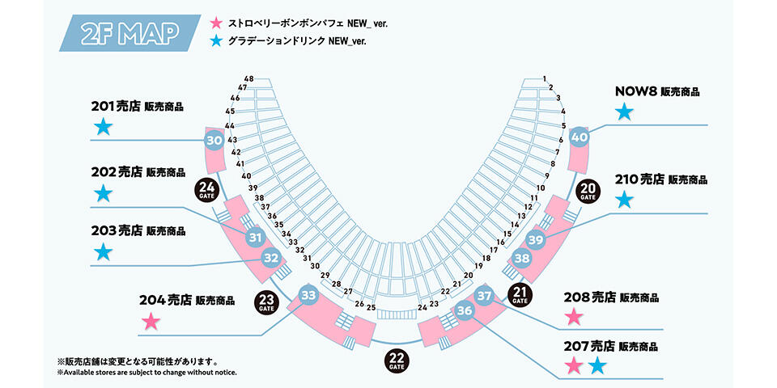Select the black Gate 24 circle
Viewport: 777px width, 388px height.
click(x=206, y=191)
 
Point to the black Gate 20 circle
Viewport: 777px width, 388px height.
click(x=588, y=191)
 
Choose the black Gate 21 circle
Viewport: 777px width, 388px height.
click(x=520, y=294)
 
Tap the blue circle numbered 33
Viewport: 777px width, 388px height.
click(x=308, y=296)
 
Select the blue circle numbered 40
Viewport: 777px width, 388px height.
click(x=579, y=137)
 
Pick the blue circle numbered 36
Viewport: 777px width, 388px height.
click(x=464, y=310)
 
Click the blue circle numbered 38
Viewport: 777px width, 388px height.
click(x=522, y=259)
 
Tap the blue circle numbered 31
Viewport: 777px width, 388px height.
click(x=255, y=238)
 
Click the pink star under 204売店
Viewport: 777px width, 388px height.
click(x=150, y=322)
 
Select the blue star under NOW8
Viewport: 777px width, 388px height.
click(x=623, y=112)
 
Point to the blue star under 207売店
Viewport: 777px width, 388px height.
click(x=597, y=366)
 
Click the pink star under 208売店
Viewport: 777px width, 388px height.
click(x=574, y=317)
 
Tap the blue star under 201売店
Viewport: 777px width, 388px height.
click(x=102, y=127)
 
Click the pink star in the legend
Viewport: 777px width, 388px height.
click(x=214, y=23)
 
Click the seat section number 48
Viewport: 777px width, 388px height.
click(x=248, y=78)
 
